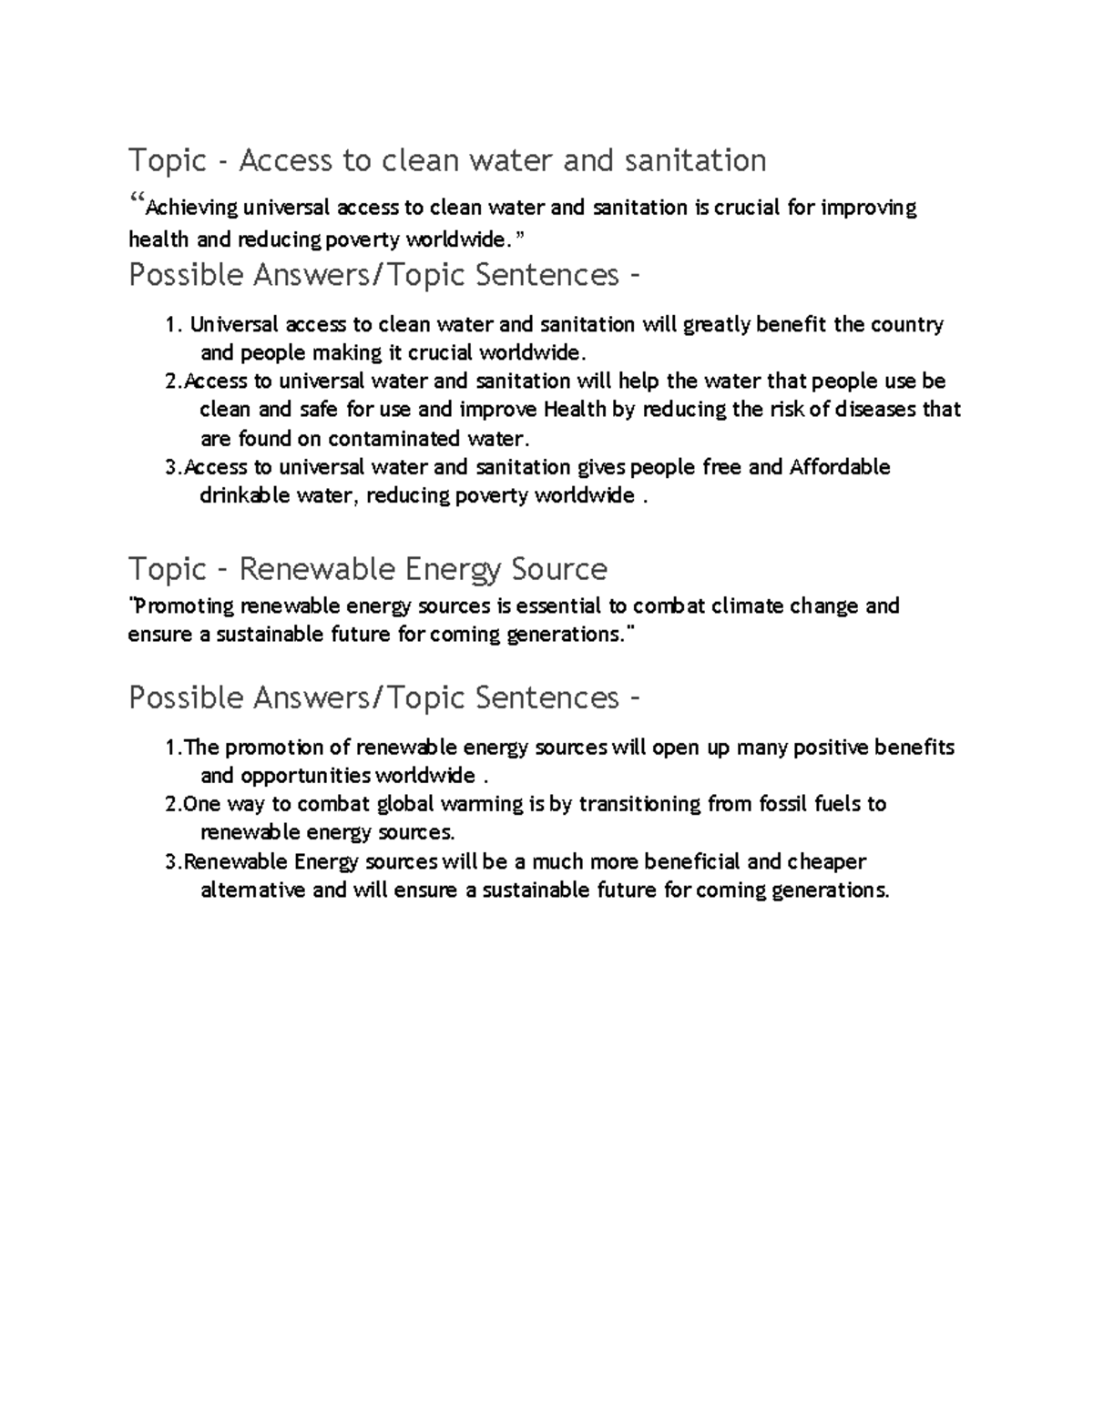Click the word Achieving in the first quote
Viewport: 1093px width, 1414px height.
coord(192,209)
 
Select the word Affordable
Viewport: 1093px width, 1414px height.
coord(840,467)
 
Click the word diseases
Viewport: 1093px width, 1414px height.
coord(876,410)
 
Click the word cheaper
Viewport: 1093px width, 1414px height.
coord(826,861)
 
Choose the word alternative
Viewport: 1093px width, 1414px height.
coord(252,890)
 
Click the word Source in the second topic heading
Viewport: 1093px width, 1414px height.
coord(559,569)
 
